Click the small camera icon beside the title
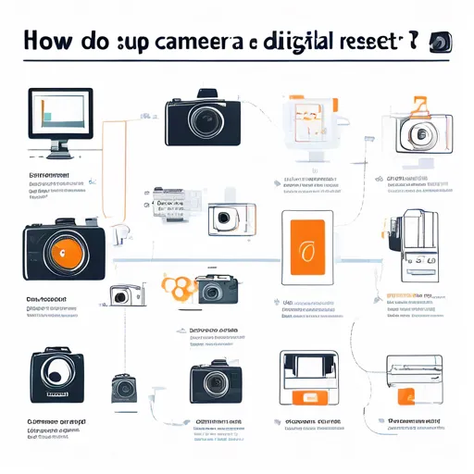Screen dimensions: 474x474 (x=442, y=42)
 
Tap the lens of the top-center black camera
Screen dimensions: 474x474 (x=202, y=122)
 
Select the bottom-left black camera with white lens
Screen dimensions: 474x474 (x=51, y=375)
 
